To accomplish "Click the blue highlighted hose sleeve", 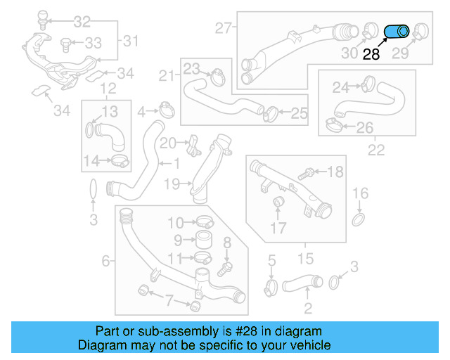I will click(397, 32).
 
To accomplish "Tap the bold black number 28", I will click(371, 54).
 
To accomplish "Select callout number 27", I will click(224, 29).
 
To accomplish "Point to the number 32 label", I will click(82, 21).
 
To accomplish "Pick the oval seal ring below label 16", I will click(359, 221).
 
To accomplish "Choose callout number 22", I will click(376, 149).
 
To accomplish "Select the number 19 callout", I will click(172, 184).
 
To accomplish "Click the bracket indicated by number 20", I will click(191, 146).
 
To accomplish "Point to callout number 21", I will click(167, 76).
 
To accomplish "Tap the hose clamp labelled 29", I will click(421, 30).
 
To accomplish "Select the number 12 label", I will click(108, 89).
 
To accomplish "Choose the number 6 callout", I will click(105, 262).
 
